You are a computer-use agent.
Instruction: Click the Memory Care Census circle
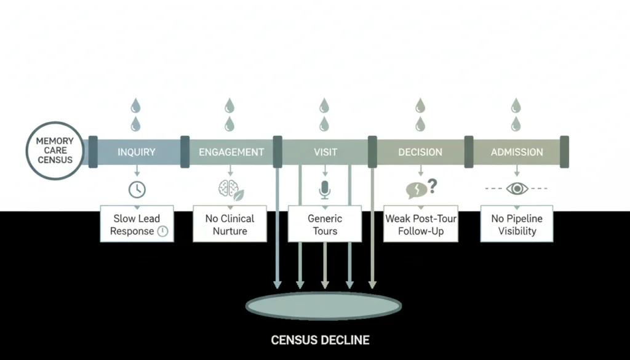(x=54, y=151)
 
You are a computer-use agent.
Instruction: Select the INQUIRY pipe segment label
(x=137, y=152)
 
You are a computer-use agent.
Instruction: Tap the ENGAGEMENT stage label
(x=231, y=152)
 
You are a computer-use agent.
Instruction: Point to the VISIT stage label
(x=325, y=152)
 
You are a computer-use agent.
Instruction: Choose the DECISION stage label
(x=420, y=152)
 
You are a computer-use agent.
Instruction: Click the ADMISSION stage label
(x=517, y=152)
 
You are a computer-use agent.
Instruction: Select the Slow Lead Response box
(x=137, y=225)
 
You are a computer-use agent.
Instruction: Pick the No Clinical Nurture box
(x=230, y=225)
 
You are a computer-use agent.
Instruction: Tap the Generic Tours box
(x=325, y=225)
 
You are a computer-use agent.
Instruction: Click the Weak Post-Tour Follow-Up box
(x=420, y=225)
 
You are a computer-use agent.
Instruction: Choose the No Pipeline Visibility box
(x=517, y=225)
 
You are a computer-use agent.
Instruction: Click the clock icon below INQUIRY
(x=137, y=189)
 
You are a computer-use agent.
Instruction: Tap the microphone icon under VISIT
(x=325, y=190)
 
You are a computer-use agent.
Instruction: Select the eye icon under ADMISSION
(x=517, y=188)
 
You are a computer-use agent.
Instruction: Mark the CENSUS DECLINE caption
(x=321, y=340)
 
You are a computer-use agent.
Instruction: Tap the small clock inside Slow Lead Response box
(x=162, y=231)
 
